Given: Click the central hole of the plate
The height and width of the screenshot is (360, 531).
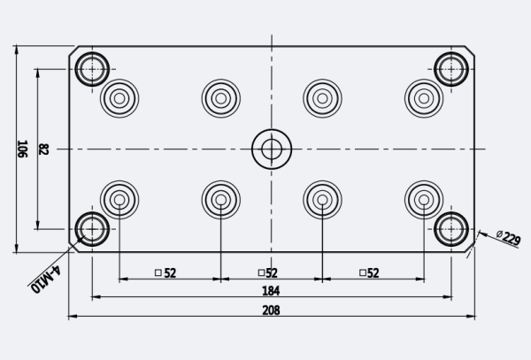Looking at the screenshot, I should (272, 149).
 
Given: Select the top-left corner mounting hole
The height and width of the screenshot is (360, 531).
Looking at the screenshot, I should (91, 68).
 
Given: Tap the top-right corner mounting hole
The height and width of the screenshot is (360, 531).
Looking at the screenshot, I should (452, 68).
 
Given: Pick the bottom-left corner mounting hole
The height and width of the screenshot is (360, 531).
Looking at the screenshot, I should (91, 229).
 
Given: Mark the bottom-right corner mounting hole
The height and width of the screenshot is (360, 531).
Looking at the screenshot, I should (452, 229).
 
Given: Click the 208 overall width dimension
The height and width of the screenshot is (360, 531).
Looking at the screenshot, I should (272, 310).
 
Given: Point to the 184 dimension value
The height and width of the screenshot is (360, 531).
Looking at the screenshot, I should (272, 291).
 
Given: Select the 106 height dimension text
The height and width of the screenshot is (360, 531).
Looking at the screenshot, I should (23, 149).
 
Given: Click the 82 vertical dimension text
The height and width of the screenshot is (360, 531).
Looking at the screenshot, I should (43, 149).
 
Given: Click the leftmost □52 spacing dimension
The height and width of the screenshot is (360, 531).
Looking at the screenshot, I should (165, 272).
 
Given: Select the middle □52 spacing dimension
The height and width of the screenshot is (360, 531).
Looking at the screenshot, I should (268, 272).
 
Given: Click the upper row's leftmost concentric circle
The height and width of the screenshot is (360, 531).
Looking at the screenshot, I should (119, 97).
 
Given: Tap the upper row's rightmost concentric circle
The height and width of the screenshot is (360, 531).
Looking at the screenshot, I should (424, 97).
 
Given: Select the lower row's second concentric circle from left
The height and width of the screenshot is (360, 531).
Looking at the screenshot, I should (220, 200).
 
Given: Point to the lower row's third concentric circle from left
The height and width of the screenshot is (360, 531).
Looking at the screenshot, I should (322, 200).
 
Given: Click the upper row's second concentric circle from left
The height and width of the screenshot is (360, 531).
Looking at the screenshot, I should (220, 97).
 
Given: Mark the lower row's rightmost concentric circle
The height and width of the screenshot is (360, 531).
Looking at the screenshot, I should (424, 200).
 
